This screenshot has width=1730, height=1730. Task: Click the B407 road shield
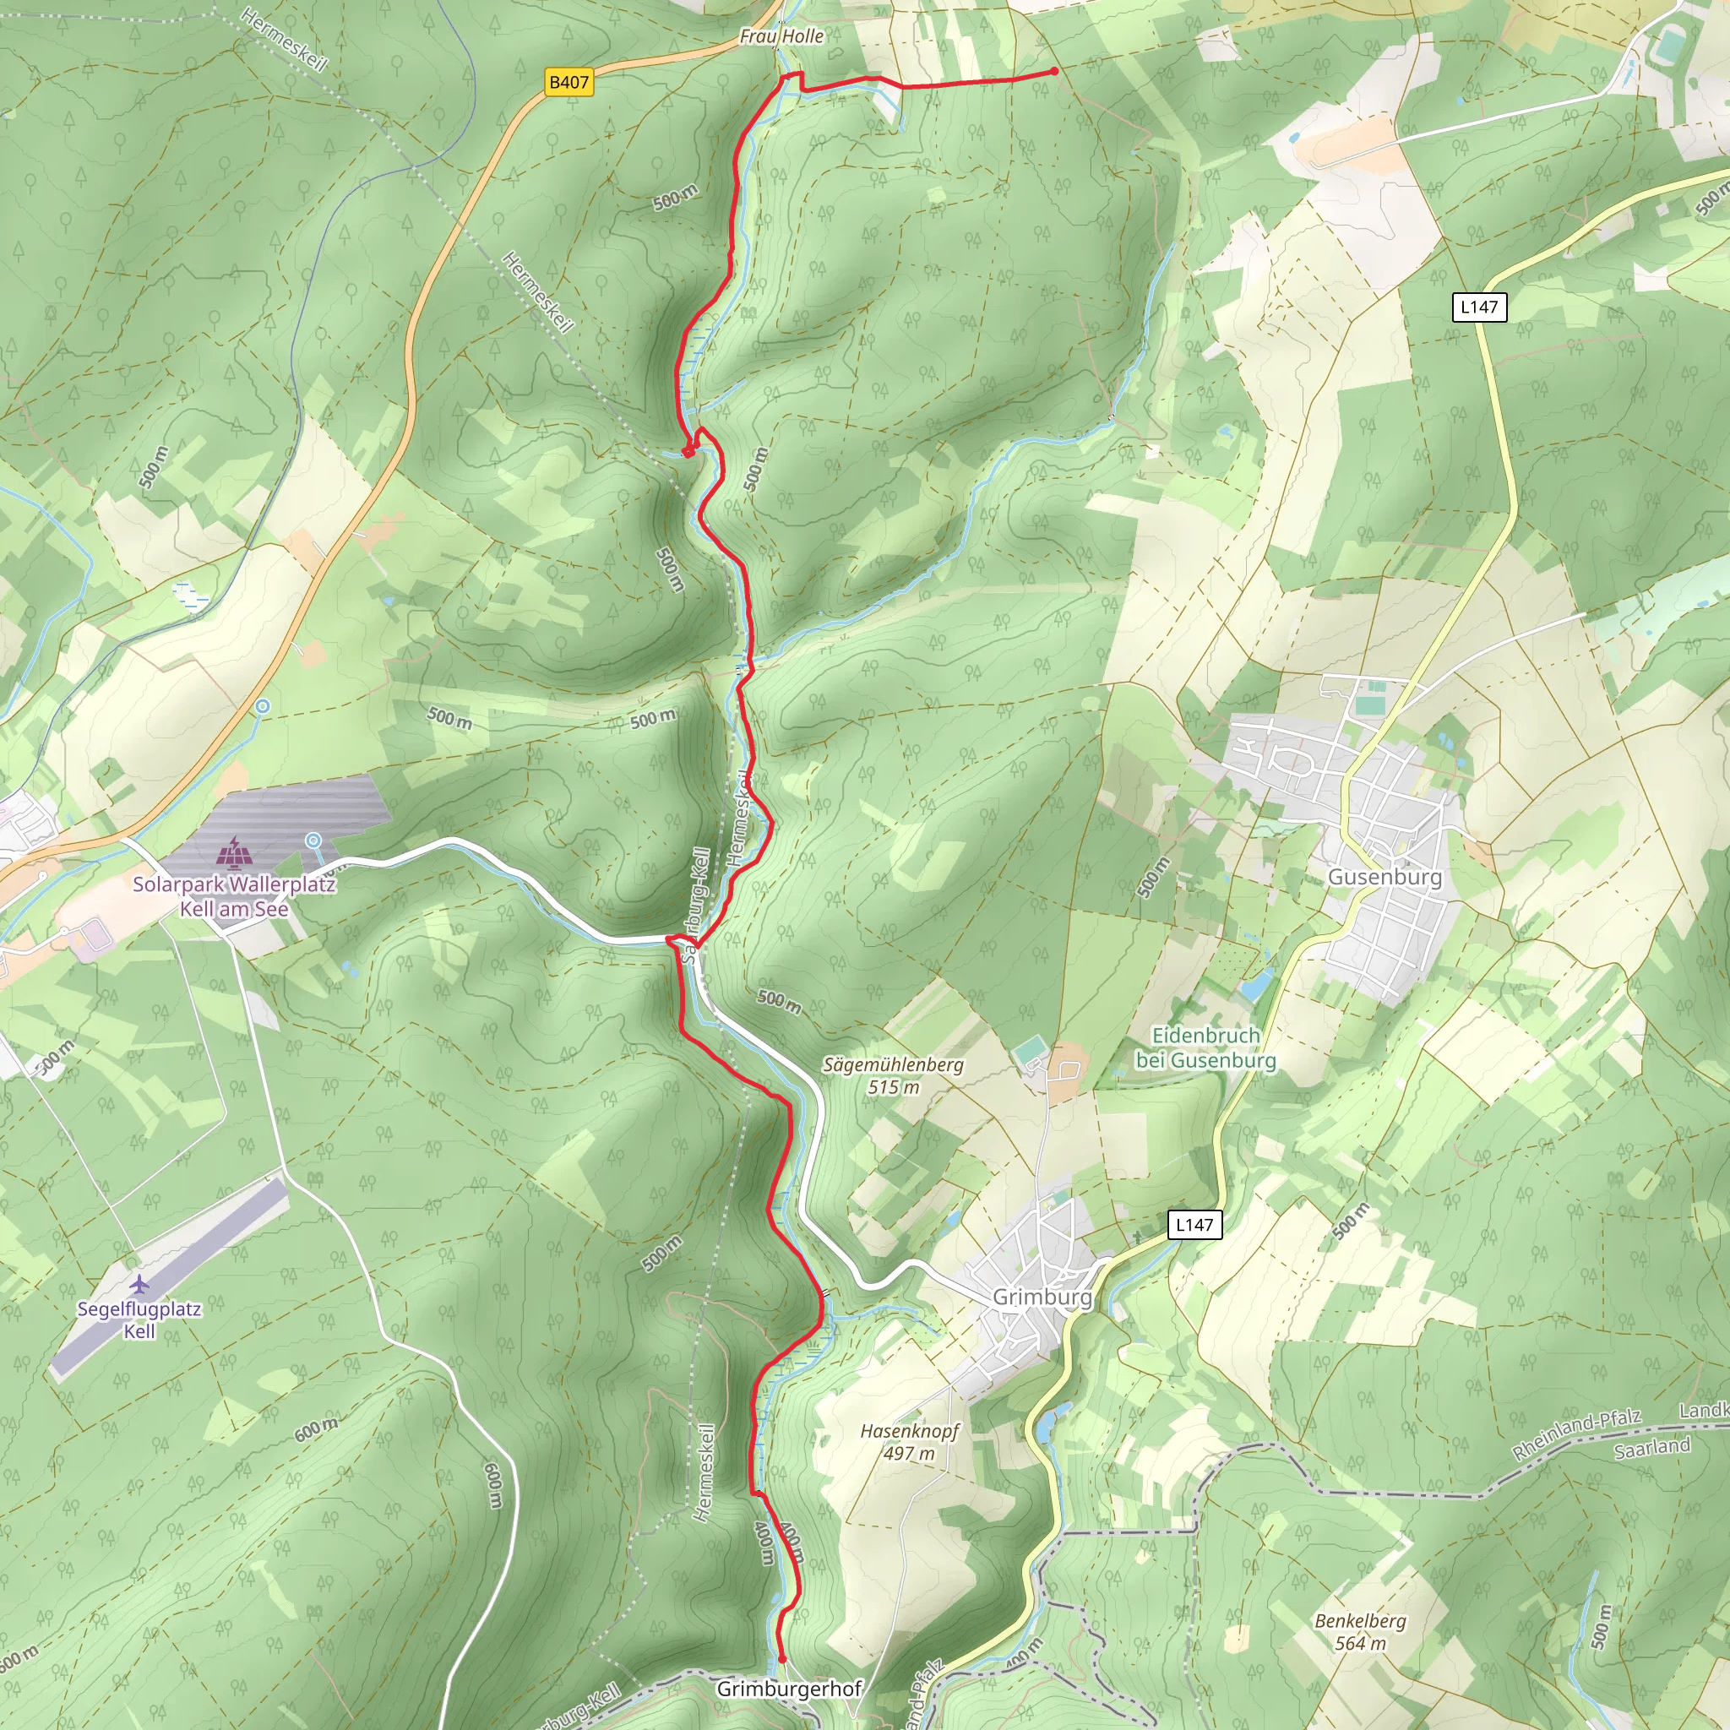(x=569, y=83)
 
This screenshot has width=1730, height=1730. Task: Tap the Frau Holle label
(x=781, y=35)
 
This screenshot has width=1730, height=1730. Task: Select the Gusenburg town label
(x=1385, y=877)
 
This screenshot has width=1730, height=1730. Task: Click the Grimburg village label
(x=1042, y=1297)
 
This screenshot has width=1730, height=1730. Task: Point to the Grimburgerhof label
(x=789, y=1689)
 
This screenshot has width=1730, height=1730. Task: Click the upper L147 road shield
(x=1478, y=307)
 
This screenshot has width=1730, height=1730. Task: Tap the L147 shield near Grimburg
(x=1194, y=1224)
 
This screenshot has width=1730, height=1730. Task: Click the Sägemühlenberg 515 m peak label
(x=893, y=1075)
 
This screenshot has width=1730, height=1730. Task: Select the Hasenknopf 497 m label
(x=909, y=1442)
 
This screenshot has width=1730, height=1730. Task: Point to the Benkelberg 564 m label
(x=1360, y=1631)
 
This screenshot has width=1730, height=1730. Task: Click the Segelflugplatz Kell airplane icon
(x=139, y=1285)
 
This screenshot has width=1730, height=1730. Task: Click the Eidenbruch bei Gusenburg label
(x=1205, y=1047)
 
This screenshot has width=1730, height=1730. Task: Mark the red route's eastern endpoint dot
(x=1054, y=71)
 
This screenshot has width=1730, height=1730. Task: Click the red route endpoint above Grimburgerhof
(x=781, y=1658)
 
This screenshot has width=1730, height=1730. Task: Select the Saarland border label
(x=1652, y=1448)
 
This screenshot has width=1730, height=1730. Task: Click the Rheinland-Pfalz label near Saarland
(x=1576, y=1434)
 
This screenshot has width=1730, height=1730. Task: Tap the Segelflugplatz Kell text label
(x=139, y=1320)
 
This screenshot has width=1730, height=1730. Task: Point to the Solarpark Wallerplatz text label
(x=234, y=896)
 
